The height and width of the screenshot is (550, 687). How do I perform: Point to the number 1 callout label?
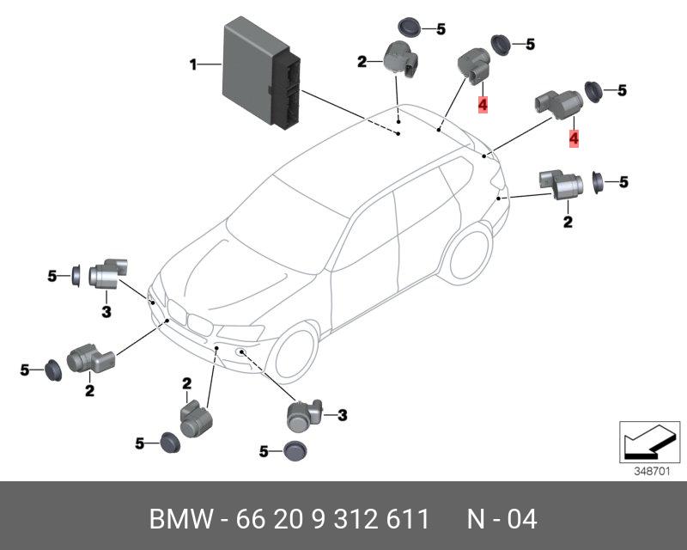pyautogui.click(x=193, y=63)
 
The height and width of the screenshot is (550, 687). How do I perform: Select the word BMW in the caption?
pyautogui.click(x=181, y=519)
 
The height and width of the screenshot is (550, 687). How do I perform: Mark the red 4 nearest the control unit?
pyautogui.click(x=483, y=105)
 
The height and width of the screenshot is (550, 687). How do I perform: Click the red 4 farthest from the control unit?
pyautogui.click(x=574, y=137)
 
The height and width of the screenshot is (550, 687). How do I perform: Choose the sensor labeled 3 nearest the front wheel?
pyautogui.click(x=303, y=417)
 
